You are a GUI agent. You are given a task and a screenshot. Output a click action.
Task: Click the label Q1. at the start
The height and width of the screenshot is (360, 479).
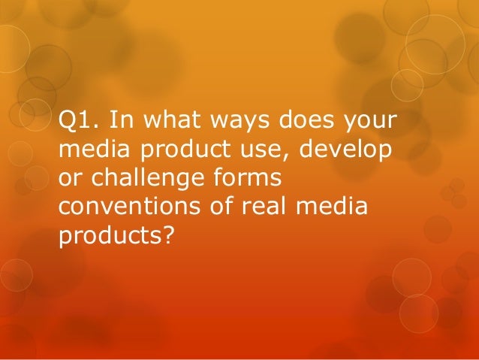click(77, 122)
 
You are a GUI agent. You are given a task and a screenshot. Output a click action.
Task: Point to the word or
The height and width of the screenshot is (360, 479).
click(68, 180)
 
